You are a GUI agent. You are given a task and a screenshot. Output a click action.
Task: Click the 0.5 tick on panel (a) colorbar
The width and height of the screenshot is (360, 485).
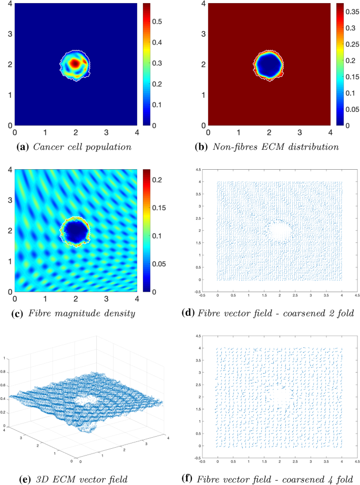pos(158,23)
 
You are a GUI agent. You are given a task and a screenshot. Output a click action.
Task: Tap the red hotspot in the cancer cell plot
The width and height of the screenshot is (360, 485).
pos(75,63)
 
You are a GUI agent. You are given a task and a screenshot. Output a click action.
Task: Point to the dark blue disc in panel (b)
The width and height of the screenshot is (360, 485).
pos(269,65)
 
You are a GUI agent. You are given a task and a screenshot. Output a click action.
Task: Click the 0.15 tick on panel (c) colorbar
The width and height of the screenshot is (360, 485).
pos(158,208)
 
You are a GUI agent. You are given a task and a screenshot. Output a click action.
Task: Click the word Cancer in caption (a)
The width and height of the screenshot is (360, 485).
pos(56,146)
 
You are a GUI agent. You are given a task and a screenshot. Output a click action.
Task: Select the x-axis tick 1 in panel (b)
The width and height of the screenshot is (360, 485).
pos(239,132)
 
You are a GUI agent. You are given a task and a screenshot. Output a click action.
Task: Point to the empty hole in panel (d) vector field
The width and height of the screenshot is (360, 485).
pos(279,230)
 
